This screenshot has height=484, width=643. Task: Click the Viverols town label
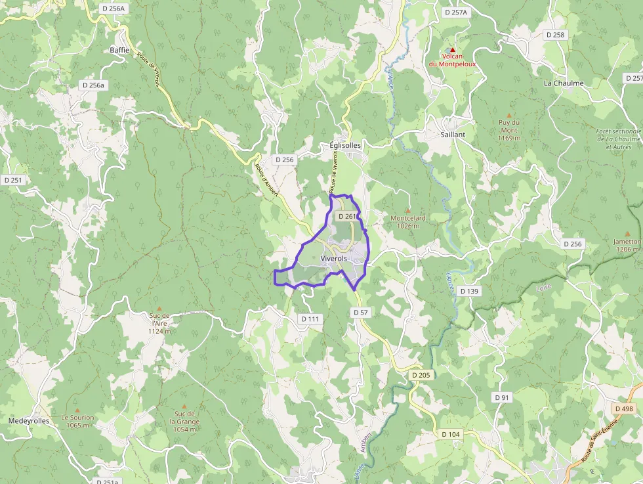(333, 259)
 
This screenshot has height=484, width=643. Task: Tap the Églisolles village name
(345, 145)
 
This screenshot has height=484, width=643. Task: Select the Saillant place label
(453, 134)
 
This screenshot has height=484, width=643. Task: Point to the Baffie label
(120, 50)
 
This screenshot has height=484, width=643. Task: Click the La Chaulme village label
(564, 83)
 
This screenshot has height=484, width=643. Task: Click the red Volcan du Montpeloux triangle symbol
(452, 50)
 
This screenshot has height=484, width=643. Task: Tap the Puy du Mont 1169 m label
(508, 130)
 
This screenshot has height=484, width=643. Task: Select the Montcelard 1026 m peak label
(408, 222)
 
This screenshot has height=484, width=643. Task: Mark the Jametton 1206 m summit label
(627, 245)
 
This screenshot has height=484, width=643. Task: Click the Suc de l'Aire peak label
(159, 323)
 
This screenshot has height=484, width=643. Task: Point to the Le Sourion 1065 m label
(77, 421)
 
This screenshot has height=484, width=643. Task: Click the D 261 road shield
(348, 216)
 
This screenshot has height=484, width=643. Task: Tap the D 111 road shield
(310, 319)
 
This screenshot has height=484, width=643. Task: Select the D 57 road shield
(360, 313)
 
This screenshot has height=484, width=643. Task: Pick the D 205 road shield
(421, 375)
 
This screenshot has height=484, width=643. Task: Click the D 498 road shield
(625, 408)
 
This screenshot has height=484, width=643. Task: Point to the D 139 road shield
(469, 290)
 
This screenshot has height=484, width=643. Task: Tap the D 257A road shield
(455, 12)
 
